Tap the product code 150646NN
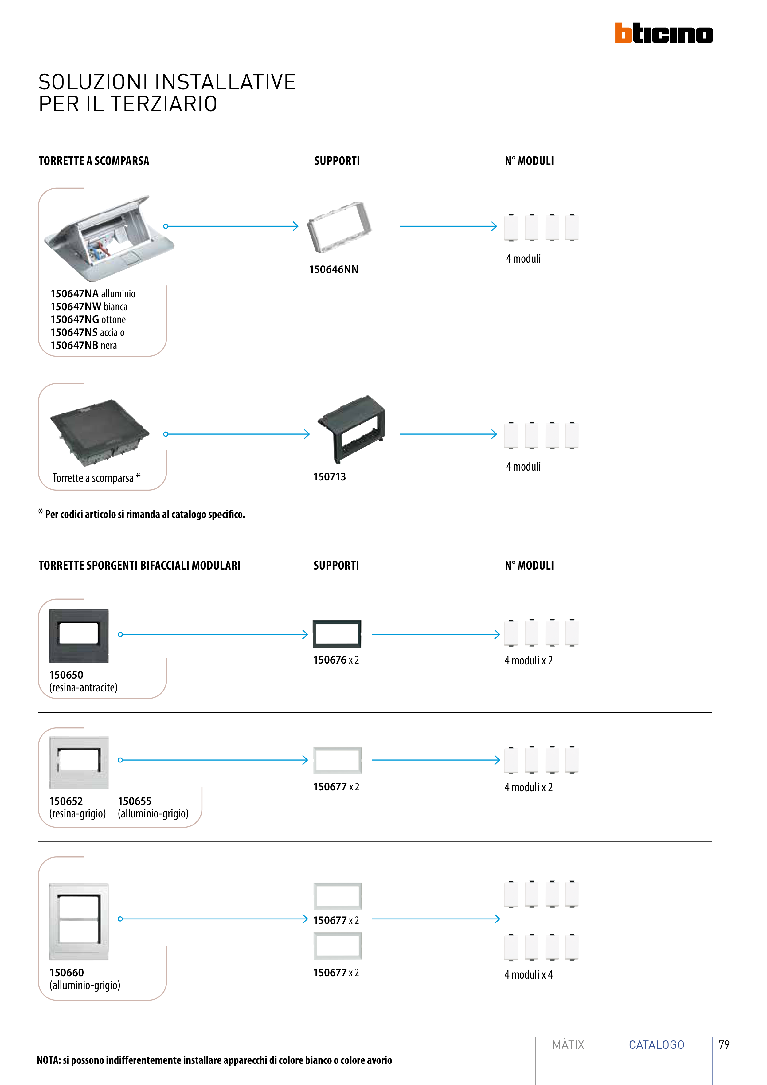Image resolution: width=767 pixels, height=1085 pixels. [334, 269]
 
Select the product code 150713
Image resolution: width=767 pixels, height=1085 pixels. [329, 477]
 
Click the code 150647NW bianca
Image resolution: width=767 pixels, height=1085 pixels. [89, 307]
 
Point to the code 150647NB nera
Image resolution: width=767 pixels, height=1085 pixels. [84, 346]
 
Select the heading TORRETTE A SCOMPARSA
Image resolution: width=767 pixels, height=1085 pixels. [94, 161]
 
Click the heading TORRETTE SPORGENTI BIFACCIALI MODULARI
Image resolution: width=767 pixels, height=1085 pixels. [139, 566]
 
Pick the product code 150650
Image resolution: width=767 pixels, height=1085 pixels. [66, 675]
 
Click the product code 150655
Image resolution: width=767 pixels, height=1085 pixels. [135, 801]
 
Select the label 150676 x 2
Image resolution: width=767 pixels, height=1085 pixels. [336, 660]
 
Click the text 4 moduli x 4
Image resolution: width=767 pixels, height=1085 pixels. [528, 974]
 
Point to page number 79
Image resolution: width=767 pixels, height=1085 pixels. [724, 1044]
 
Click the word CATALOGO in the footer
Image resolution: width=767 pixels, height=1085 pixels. [656, 1044]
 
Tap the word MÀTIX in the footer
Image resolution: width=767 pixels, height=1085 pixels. [568, 1044]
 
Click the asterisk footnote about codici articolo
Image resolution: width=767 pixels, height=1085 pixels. [142, 514]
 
